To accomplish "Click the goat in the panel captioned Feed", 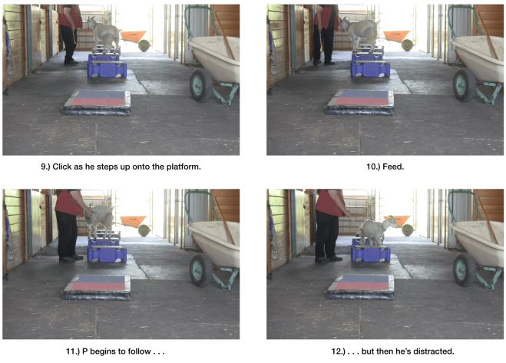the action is pos(360,33).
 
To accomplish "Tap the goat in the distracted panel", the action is pos(379,229).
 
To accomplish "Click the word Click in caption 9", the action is pos(61,167).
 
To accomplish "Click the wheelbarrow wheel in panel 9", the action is pos(200,85).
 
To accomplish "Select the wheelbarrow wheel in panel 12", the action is pos(465,269).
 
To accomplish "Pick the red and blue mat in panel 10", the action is pos(360,102).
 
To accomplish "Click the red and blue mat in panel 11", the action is pos(97,287).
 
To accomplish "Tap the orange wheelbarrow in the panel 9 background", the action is pos(134,36).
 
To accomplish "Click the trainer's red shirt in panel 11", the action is pos(69,203).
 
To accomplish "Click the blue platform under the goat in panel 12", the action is pos(371,252).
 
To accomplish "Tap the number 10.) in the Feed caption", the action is pos(374,167).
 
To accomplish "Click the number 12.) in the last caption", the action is pos(339,351).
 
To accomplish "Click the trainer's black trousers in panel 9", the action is pos(69,43).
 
